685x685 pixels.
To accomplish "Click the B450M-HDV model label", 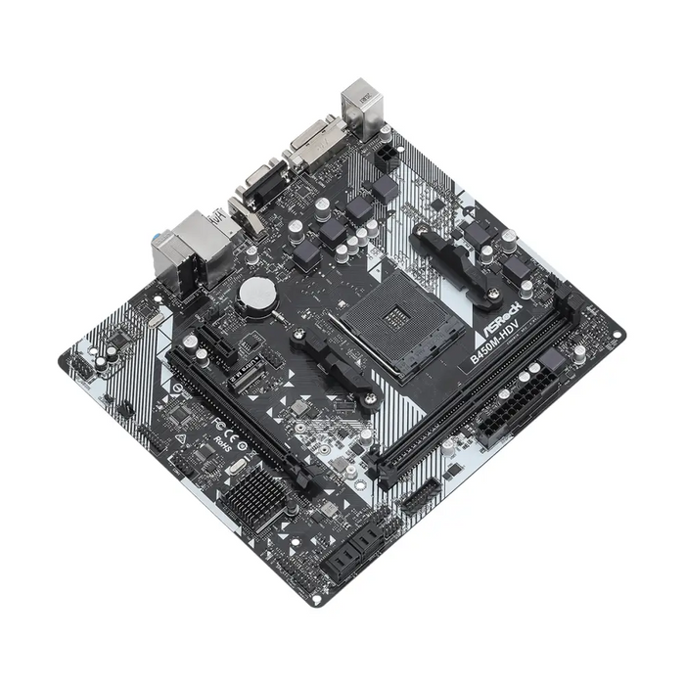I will coord(494,340).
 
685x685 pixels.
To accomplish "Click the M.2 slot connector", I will coord(245,382).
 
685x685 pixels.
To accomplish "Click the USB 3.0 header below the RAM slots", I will coord(419,497).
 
